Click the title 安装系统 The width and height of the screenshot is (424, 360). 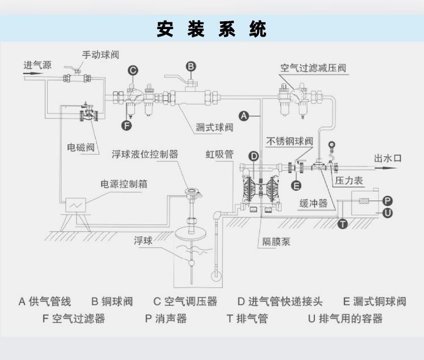(x=211, y=29)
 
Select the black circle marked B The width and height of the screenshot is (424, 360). (x=191, y=66)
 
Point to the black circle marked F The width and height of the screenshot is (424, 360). (x=126, y=126)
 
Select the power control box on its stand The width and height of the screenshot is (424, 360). (x=75, y=204)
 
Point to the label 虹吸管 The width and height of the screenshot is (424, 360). (x=220, y=154)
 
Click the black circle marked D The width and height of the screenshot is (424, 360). (x=254, y=156)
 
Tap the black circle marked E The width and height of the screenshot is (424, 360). (x=296, y=185)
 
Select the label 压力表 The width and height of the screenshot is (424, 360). (x=349, y=181)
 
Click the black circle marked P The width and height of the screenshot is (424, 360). (x=387, y=200)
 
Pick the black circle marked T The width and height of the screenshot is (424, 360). (x=343, y=223)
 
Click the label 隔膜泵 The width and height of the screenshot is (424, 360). (x=276, y=242)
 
